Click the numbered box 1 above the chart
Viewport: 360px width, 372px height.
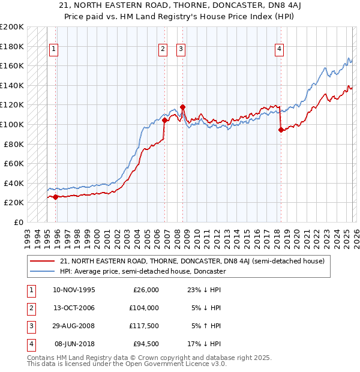pos(54,50)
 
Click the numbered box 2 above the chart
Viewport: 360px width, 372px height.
pos(163,50)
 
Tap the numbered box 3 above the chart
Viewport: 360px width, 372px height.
pos(181,50)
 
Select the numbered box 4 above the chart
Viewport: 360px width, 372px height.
pos(279,50)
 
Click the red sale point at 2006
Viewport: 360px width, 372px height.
pos(164,121)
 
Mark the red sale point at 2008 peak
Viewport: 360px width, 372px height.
pos(182,107)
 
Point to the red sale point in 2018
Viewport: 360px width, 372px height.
pos(280,130)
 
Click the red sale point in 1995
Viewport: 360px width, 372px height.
pos(55,197)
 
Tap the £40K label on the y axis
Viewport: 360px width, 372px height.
pos(14,183)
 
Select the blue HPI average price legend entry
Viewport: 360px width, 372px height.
pos(142,271)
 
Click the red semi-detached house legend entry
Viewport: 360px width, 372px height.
pos(192,261)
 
